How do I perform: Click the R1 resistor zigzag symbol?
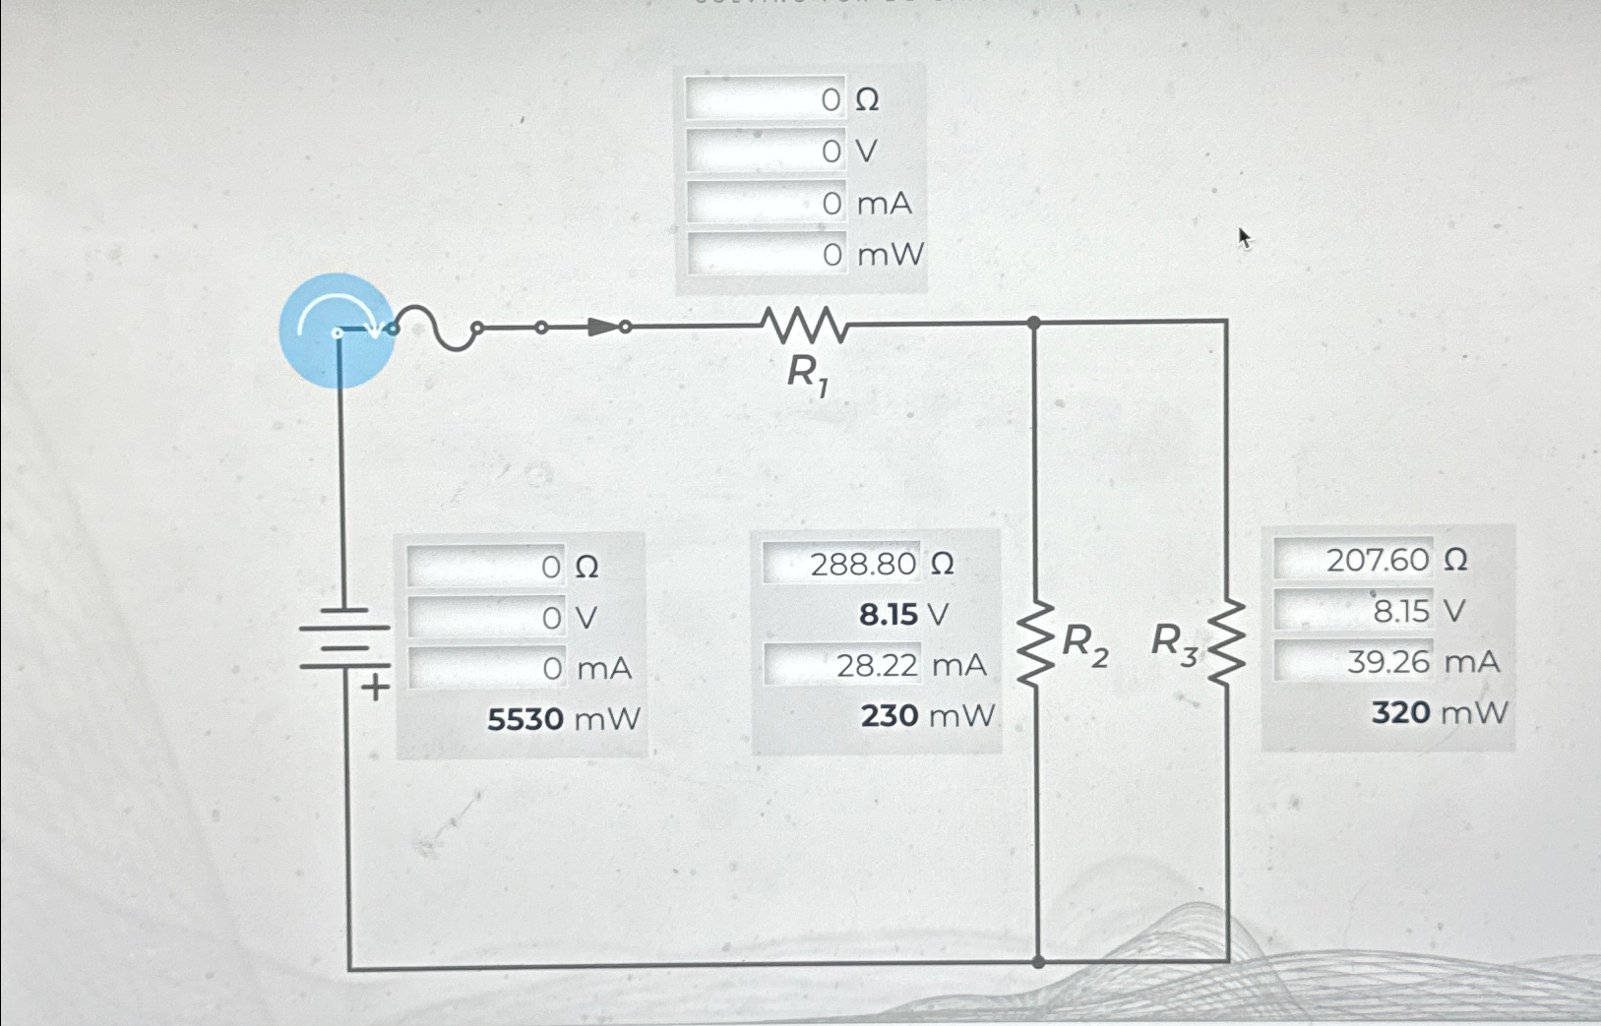(x=804, y=325)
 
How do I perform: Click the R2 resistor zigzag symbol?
(x=1035, y=644)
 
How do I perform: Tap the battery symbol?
(x=344, y=637)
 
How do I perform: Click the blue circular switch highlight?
(x=337, y=331)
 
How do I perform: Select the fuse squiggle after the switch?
(x=436, y=327)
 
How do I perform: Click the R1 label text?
(x=807, y=375)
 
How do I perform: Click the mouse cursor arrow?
(x=1244, y=237)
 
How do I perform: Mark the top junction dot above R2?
(x=1033, y=323)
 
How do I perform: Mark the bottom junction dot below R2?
(x=1038, y=962)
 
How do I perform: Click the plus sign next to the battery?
(x=375, y=687)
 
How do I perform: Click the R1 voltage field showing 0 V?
(x=767, y=151)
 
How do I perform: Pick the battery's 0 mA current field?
(x=487, y=669)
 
